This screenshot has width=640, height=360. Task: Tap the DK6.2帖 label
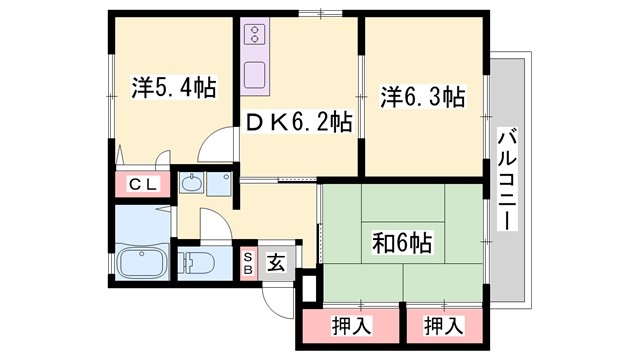point(299,123)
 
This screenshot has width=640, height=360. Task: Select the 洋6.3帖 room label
point(422,97)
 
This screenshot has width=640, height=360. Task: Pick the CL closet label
point(140,185)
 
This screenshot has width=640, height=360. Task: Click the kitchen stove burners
point(253,38)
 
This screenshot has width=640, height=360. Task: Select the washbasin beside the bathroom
point(192,184)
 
